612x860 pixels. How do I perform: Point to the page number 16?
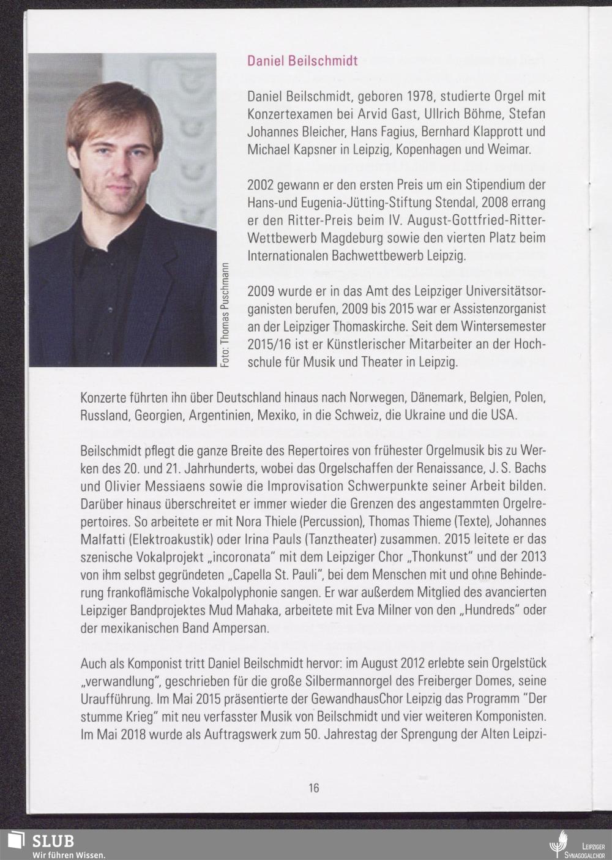pos(313,788)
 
